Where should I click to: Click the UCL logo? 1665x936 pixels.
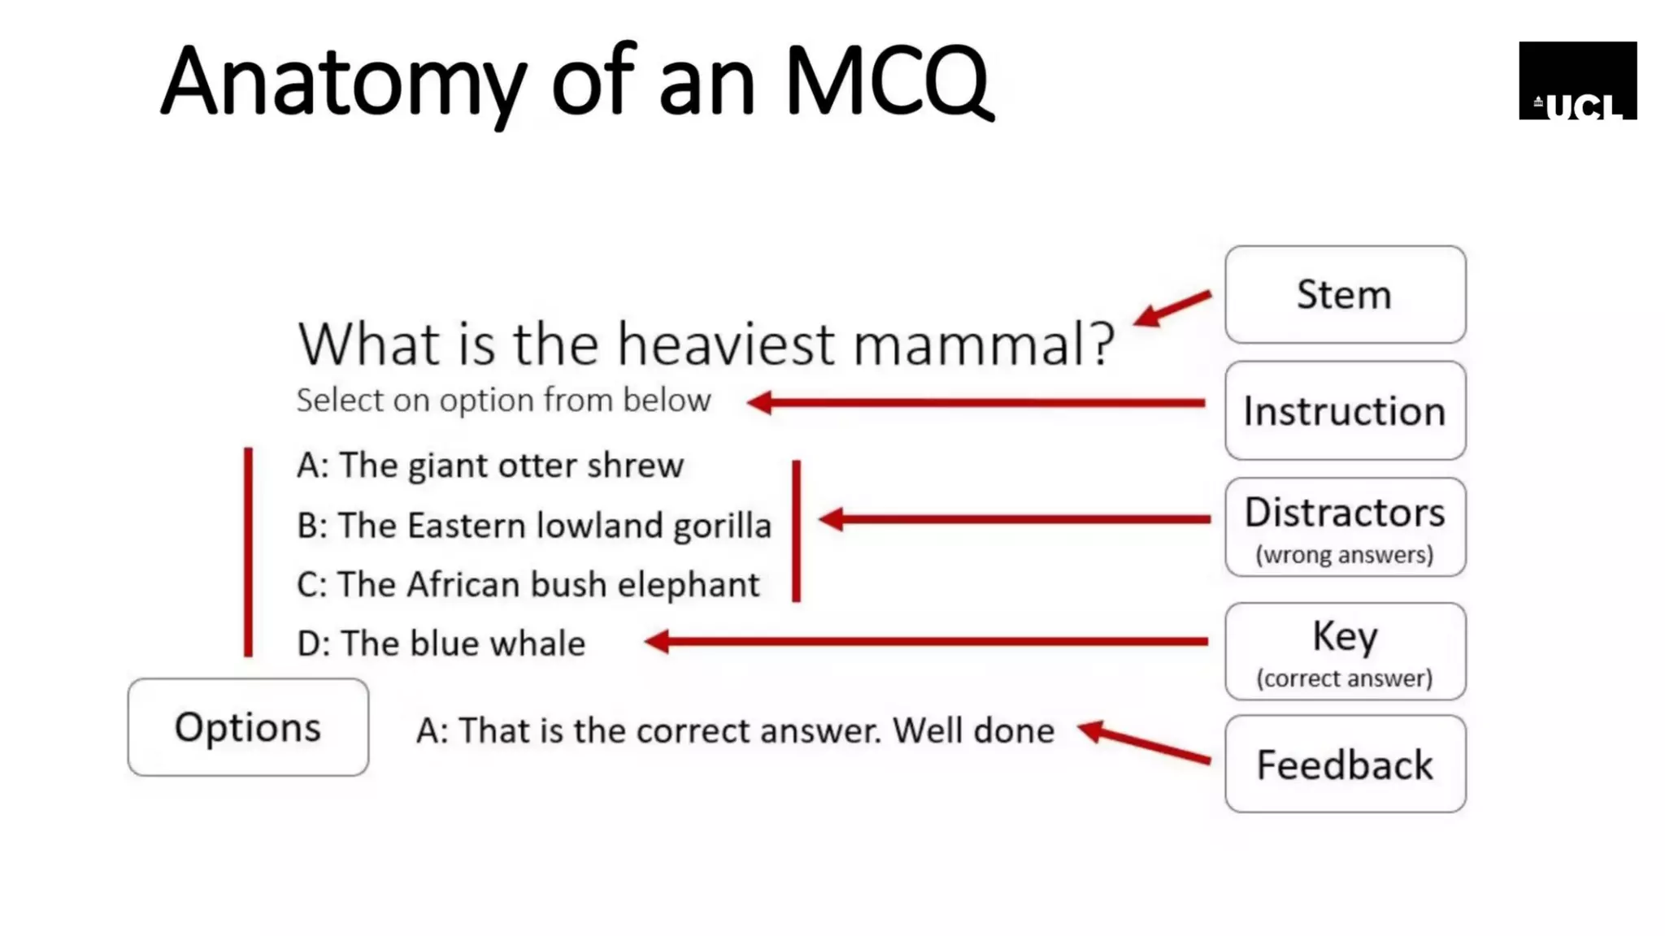click(1577, 80)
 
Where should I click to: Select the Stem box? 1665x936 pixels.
click(1345, 294)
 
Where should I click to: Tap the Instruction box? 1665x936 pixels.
click(1345, 411)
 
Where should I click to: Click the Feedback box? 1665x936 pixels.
click(1345, 765)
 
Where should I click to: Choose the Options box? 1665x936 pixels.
click(248, 727)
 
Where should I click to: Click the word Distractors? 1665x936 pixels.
click(1345, 513)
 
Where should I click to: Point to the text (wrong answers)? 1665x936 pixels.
click(1345, 555)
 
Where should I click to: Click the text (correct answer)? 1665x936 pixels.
click(1345, 678)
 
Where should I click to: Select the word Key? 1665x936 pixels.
click(1345, 636)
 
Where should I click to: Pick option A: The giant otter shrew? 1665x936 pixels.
click(489, 466)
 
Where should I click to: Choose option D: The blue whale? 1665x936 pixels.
click(441, 643)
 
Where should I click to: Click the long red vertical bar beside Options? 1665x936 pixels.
click(248, 552)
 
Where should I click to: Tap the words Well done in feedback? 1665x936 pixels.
click(973, 730)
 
